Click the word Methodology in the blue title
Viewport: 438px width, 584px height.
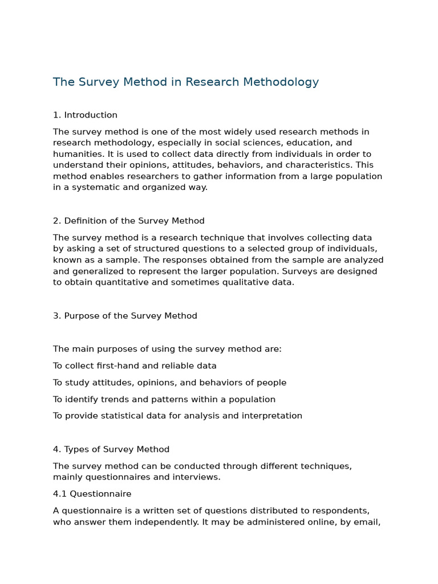281,82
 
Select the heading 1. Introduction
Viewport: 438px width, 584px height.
85,115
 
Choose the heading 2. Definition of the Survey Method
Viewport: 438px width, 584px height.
128,221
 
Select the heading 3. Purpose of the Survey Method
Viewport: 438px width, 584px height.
125,316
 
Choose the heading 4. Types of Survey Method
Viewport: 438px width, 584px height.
111,449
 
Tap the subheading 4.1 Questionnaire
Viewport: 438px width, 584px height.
92,494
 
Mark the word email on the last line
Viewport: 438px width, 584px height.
367,522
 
